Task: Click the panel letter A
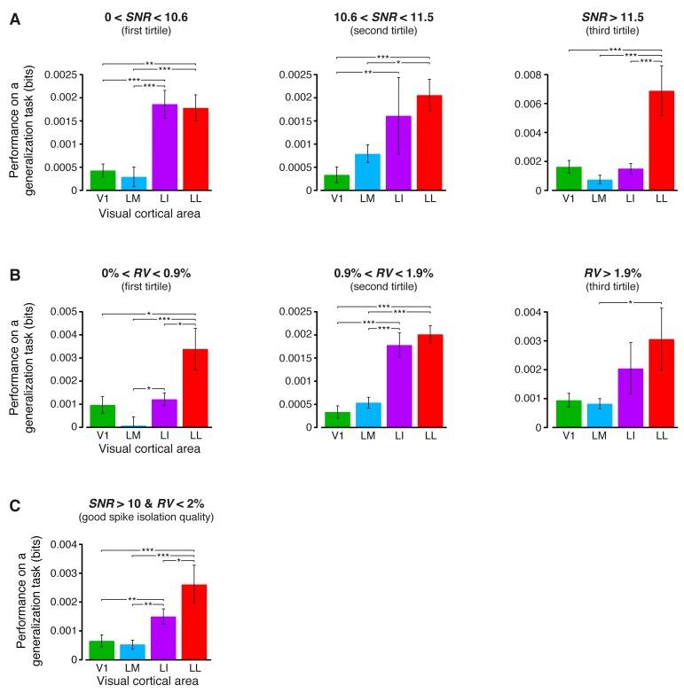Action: point(14,19)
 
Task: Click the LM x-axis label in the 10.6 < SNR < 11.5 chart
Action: point(367,200)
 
